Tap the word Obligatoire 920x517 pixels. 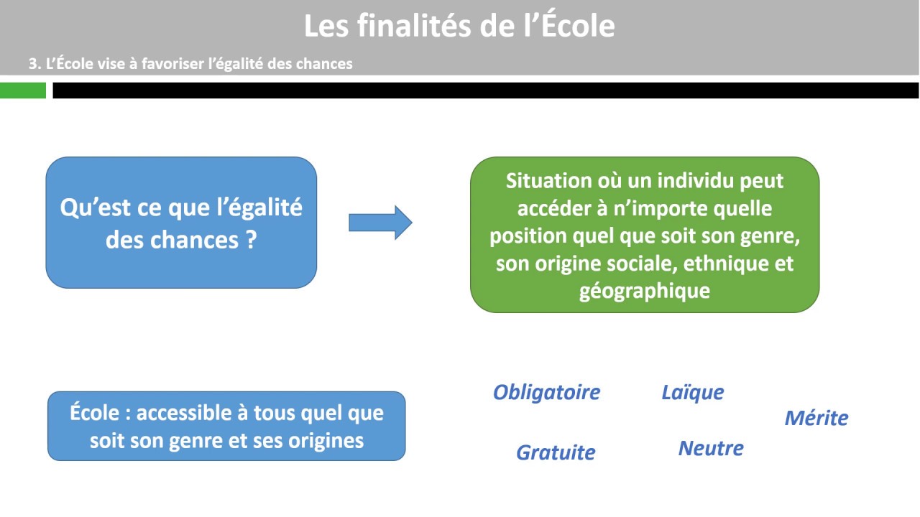click(x=546, y=392)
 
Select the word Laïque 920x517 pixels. click(x=692, y=392)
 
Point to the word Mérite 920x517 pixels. click(x=816, y=418)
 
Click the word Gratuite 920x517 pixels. click(x=556, y=452)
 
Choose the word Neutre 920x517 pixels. click(x=711, y=449)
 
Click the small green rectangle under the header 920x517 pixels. click(x=23, y=90)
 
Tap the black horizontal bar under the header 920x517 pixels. click(x=485, y=90)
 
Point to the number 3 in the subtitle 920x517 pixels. click(x=32, y=63)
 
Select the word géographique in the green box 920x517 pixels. click(x=644, y=291)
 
